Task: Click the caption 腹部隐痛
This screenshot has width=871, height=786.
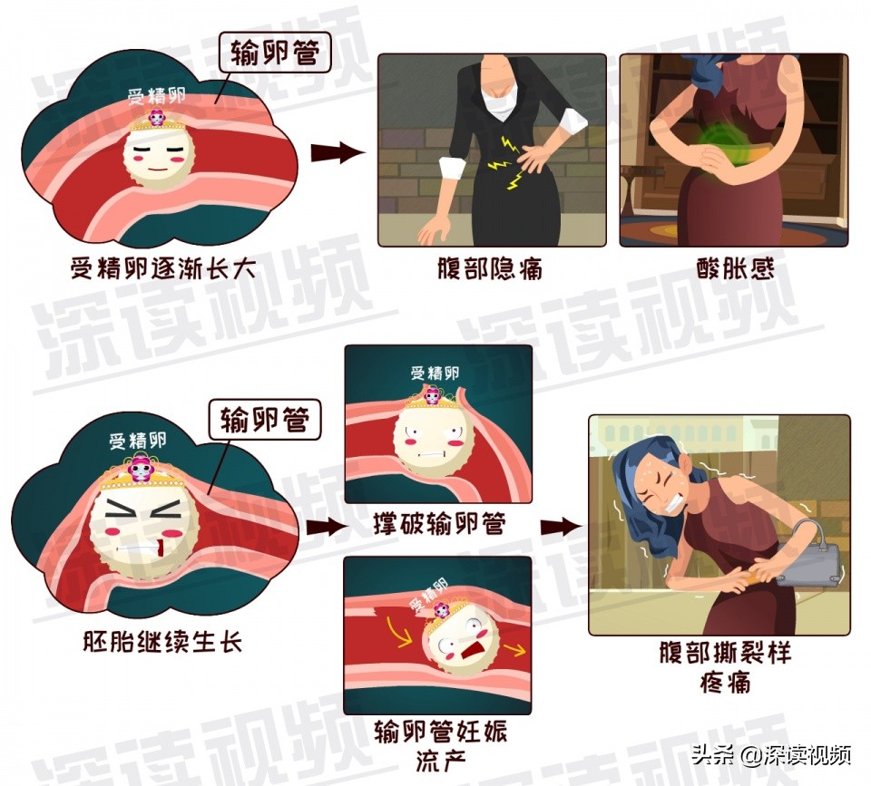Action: click(x=491, y=269)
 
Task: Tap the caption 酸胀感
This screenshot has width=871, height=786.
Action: click(x=735, y=269)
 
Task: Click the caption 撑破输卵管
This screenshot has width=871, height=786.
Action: click(x=439, y=525)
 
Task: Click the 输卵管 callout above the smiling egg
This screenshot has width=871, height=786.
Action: click(x=274, y=53)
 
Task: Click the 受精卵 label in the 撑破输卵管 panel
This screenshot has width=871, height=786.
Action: click(x=435, y=373)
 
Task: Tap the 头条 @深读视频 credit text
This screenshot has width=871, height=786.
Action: click(x=770, y=755)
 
